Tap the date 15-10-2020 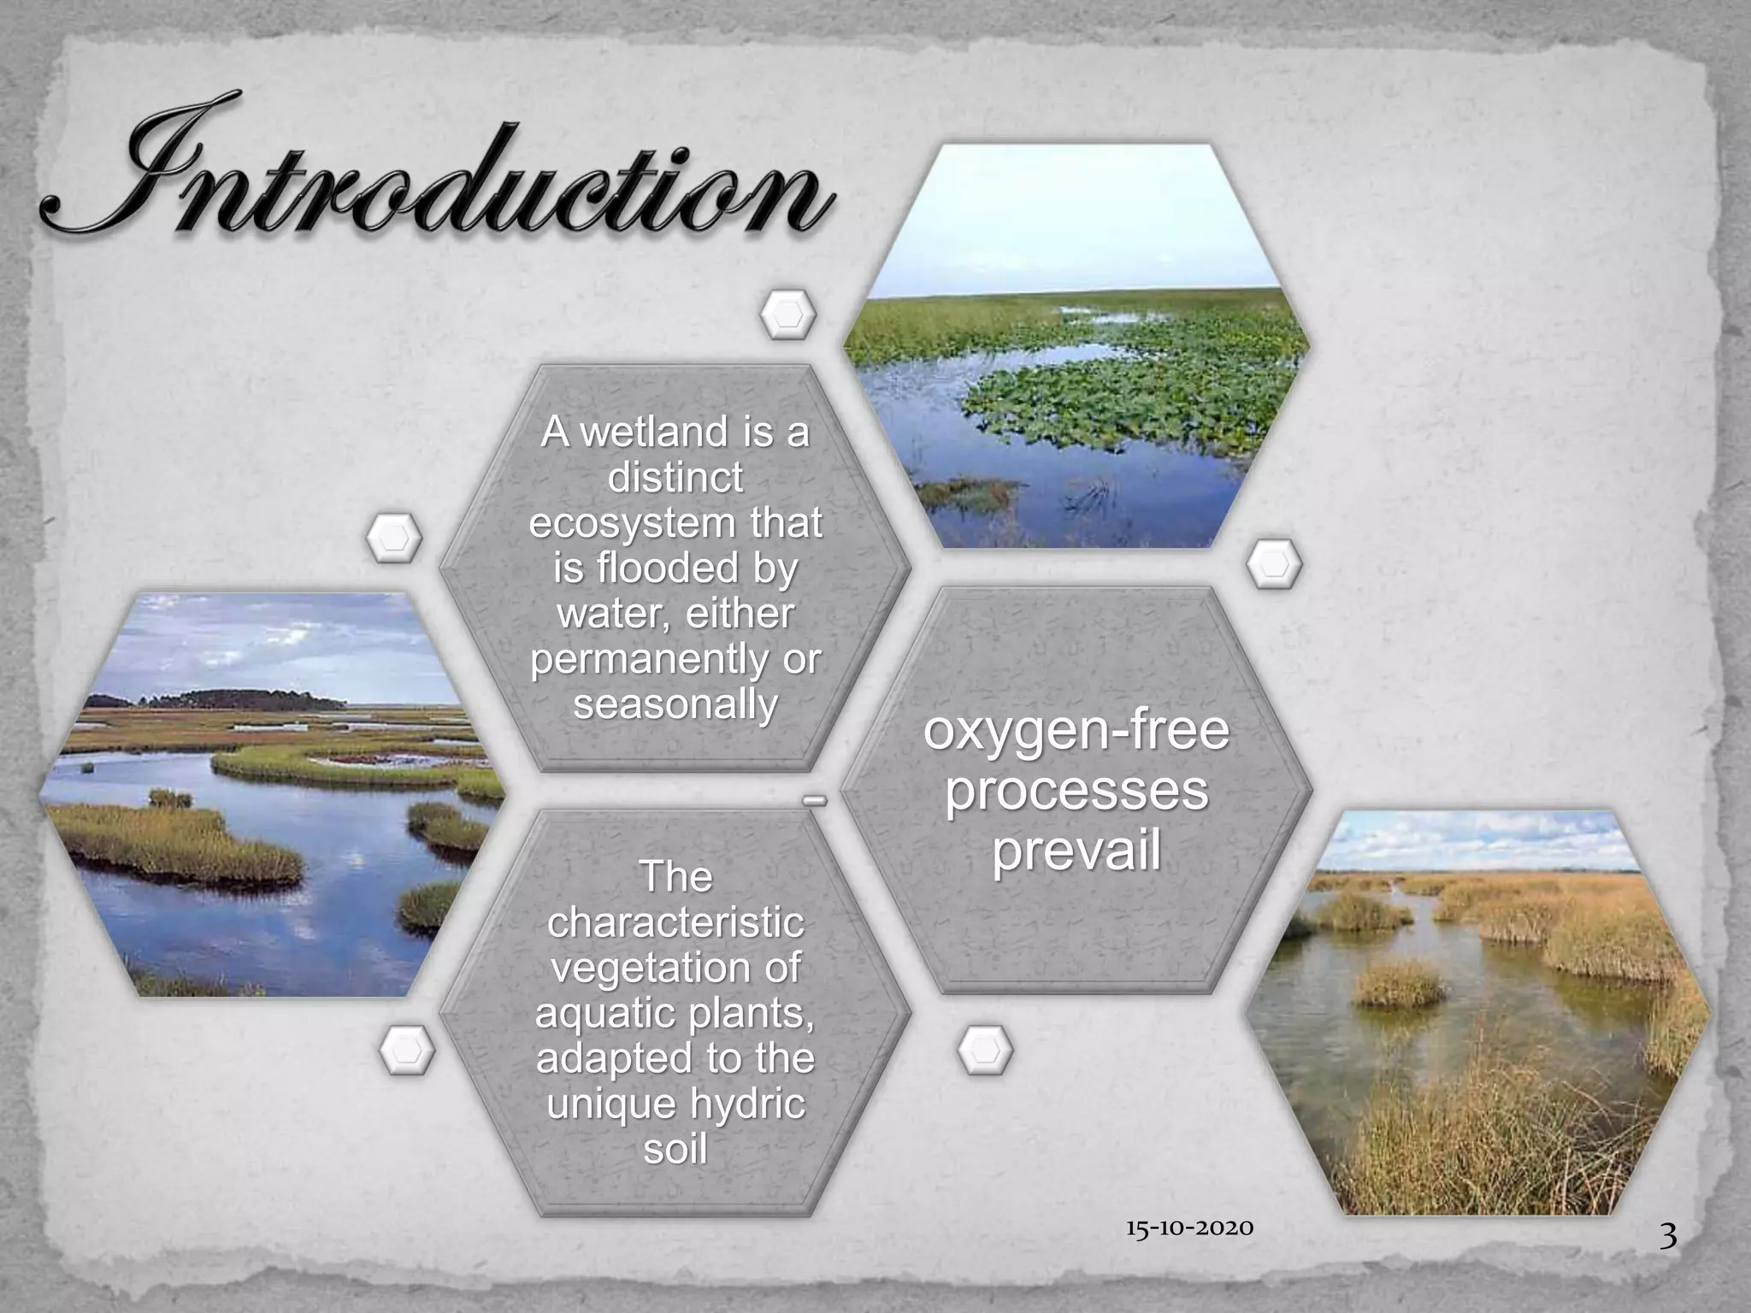click(x=1189, y=1228)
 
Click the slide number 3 click(x=1668, y=1259)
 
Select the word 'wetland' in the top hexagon click(x=655, y=432)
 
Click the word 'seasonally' click(x=675, y=704)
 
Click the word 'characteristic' click(x=675, y=922)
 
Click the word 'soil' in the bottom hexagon click(x=675, y=1148)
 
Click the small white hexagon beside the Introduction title click(x=787, y=315)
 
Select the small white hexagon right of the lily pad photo click(x=1274, y=564)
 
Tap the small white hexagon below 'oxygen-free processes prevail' click(x=985, y=1050)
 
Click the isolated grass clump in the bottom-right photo click(x=1399, y=983)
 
